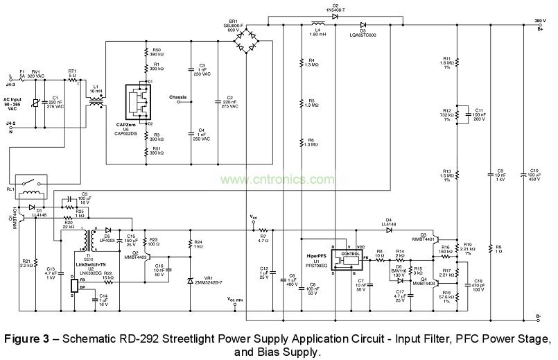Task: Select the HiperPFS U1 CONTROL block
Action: (x=346, y=258)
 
